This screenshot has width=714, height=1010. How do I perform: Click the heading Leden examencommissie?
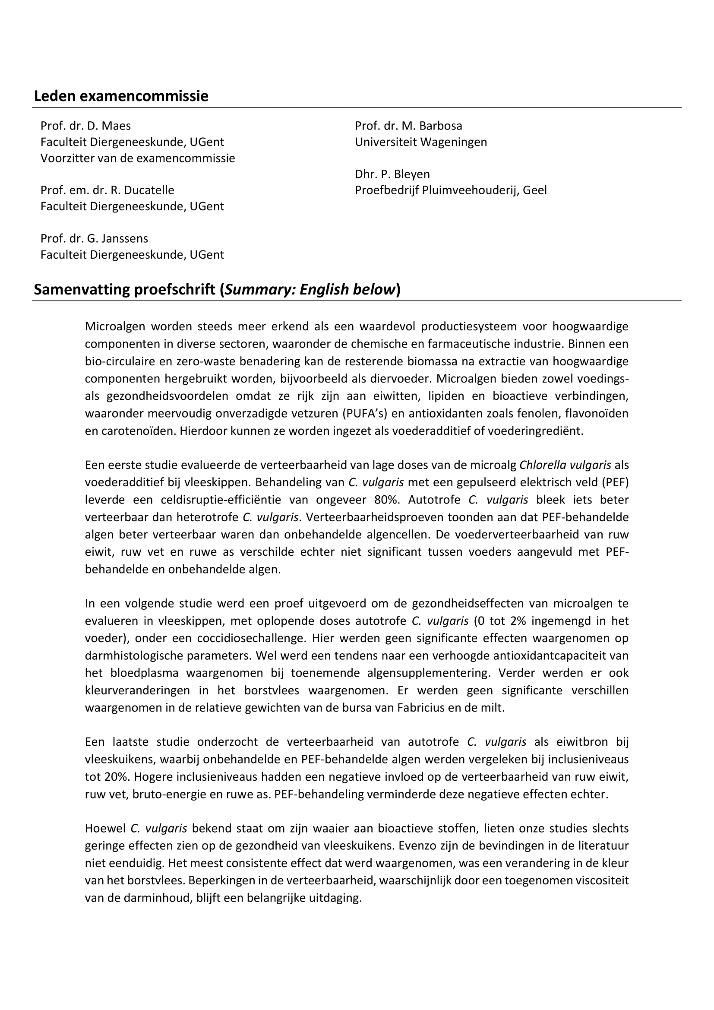pos(121,96)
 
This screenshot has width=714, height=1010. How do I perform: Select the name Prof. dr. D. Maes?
pos(86,126)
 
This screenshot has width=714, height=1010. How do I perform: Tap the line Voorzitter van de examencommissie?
pos(138,158)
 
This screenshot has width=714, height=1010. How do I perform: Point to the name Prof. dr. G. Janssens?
pos(94,238)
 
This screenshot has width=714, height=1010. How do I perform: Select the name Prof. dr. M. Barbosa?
pos(408,126)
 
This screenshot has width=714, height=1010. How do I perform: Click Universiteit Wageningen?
pos(421,142)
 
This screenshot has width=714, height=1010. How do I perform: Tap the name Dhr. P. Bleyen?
pos(392,174)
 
